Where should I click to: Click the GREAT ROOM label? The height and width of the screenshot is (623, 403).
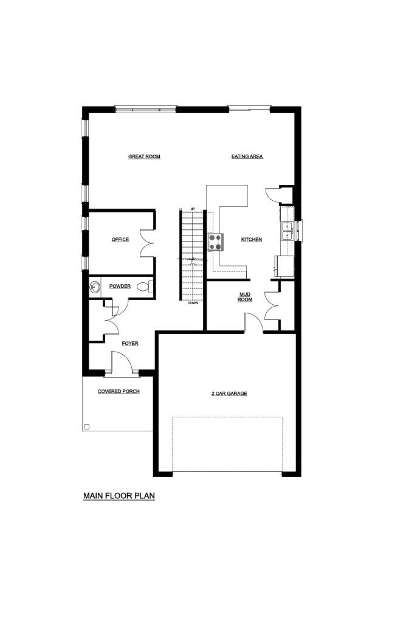(144, 156)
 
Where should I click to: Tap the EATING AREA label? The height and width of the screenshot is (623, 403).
(247, 156)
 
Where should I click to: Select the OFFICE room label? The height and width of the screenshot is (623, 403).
(120, 239)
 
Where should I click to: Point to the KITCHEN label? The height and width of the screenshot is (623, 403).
(251, 239)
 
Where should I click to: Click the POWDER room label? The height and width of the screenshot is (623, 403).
(120, 286)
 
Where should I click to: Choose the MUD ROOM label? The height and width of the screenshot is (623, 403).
(245, 297)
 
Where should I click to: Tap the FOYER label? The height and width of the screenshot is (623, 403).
(130, 343)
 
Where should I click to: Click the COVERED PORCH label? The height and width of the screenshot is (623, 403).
(119, 391)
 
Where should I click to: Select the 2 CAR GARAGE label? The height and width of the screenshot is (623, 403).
(229, 394)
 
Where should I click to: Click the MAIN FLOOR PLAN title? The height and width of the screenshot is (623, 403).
(119, 496)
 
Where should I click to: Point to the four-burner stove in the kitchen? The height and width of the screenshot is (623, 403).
(216, 242)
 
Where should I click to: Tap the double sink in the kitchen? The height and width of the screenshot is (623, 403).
(287, 231)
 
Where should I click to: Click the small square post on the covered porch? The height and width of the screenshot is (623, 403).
(87, 426)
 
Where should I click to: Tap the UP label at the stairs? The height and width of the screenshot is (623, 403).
(193, 209)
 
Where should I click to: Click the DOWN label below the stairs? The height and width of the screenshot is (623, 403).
(193, 303)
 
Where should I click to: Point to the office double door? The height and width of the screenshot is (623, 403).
(147, 243)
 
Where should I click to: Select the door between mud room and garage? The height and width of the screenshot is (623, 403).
(254, 322)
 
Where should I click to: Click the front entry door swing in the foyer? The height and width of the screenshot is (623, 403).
(122, 361)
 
